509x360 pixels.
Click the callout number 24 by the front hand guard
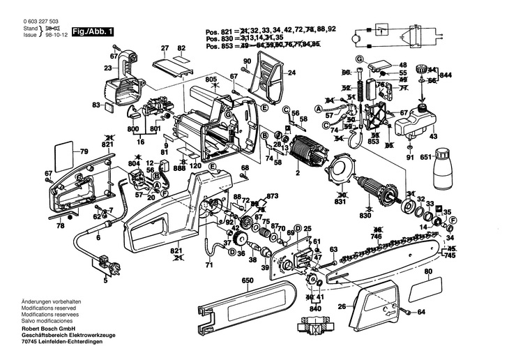[x=291, y=72]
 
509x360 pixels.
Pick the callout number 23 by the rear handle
[x=107, y=68]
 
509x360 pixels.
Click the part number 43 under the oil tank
[x=433, y=136]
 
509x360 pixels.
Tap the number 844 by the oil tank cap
[x=446, y=75]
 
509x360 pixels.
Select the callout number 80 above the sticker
[x=427, y=272]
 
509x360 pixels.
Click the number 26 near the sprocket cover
[x=342, y=306]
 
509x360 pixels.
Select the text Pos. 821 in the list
[x=217, y=31]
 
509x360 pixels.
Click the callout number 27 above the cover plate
[x=165, y=48]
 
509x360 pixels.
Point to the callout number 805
[x=211, y=80]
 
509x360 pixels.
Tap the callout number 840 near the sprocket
[x=315, y=307]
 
